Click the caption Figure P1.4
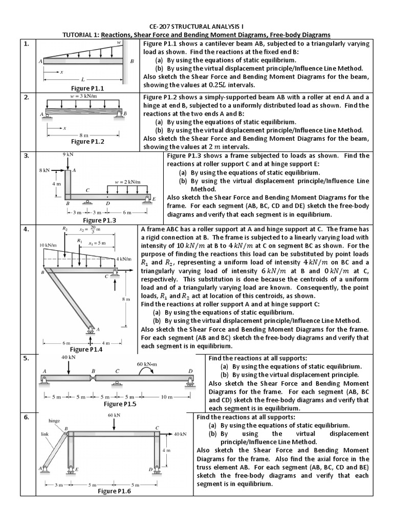pos(86,349)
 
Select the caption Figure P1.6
pos(115,491)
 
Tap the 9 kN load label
pos(68,154)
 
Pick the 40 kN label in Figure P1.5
pos(69,357)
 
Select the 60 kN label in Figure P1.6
pos(114,416)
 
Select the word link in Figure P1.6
pos(45,433)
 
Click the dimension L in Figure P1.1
pos(82,80)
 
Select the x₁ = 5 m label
pos(97,243)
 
